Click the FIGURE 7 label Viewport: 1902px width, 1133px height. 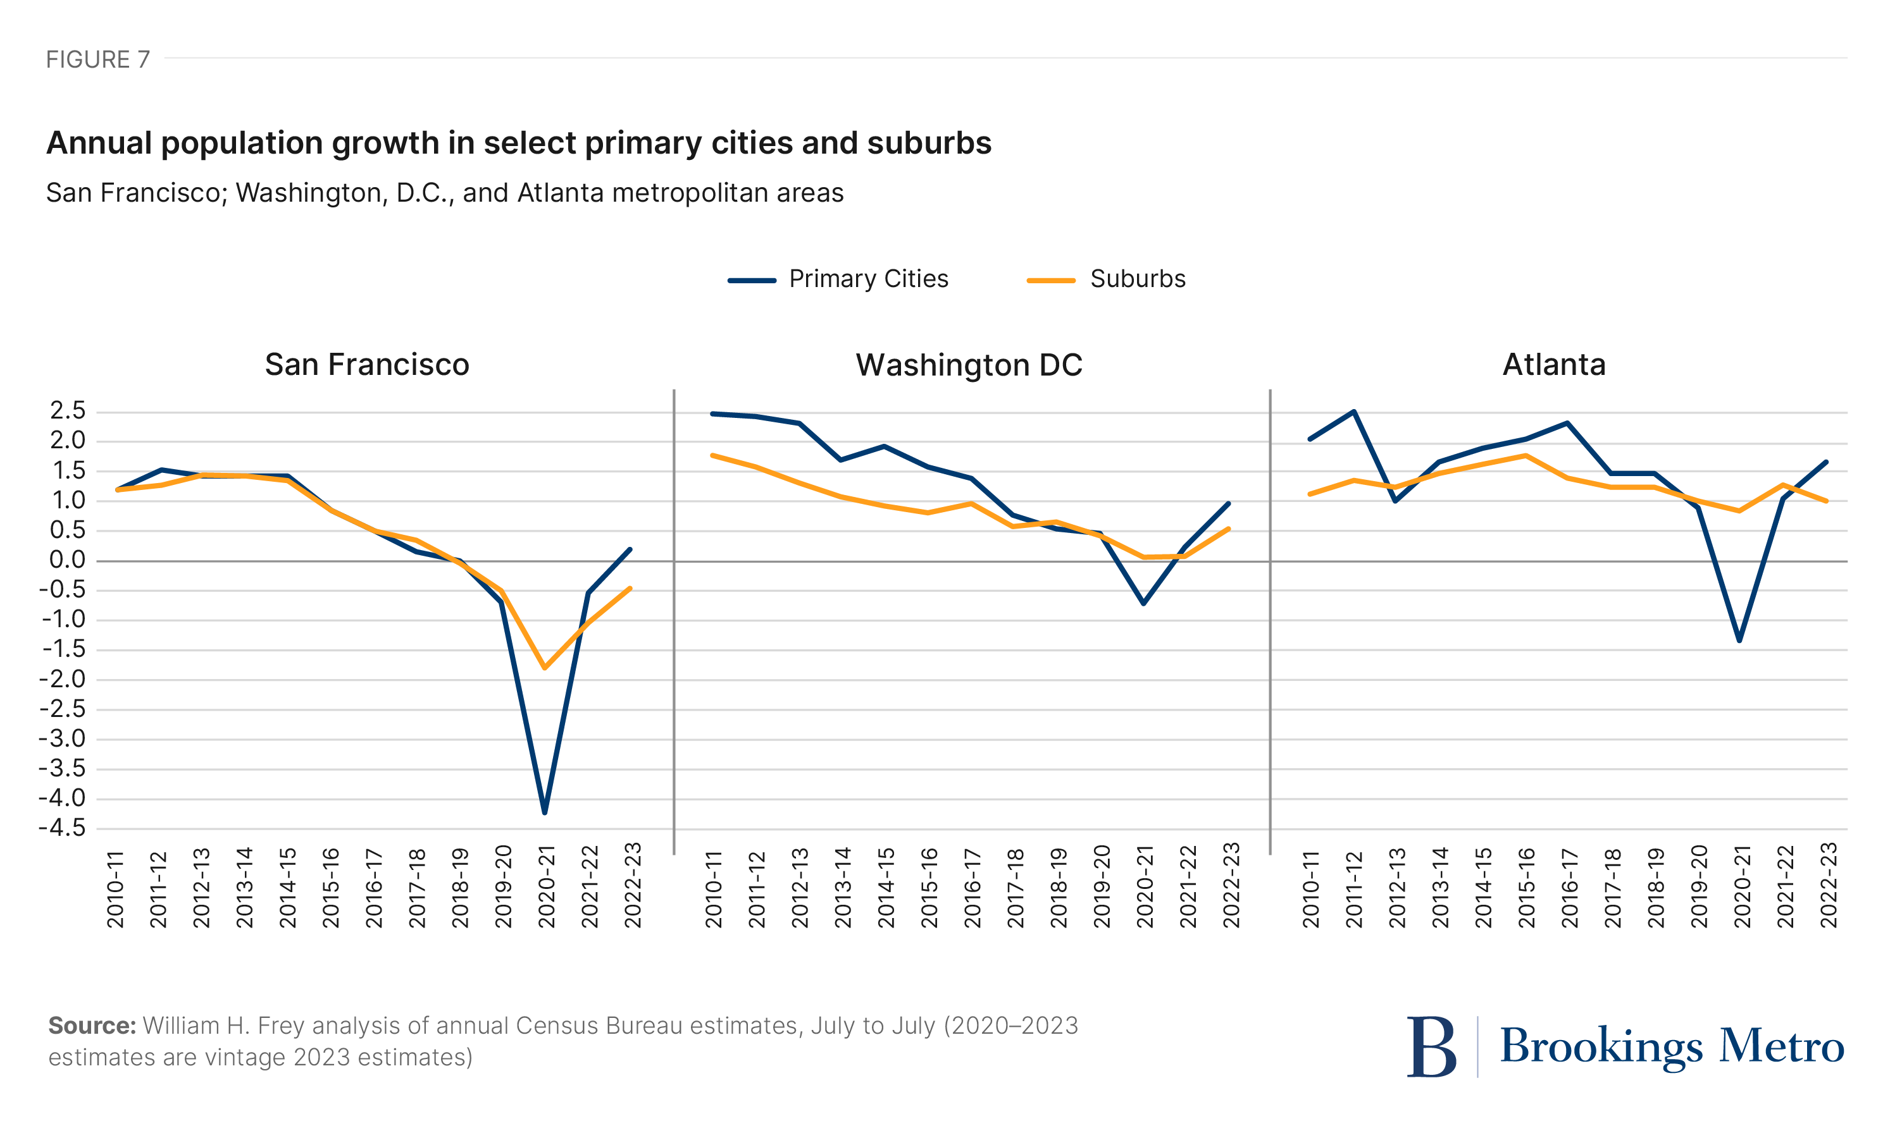pyautogui.click(x=98, y=59)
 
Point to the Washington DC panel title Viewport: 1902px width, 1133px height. pyautogui.click(x=969, y=365)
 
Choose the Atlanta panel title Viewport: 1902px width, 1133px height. pyautogui.click(x=1554, y=365)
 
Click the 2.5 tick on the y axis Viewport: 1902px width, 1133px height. pyautogui.click(x=67, y=411)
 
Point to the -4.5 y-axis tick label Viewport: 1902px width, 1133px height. pyautogui.click(x=63, y=828)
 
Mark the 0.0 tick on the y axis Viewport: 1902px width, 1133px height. pyautogui.click(x=67, y=560)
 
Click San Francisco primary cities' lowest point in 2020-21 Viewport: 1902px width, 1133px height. pyautogui.click(x=545, y=812)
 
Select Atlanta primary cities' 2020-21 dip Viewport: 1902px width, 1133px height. pyautogui.click(x=1739, y=640)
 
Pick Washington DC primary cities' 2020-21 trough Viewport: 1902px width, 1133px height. pyautogui.click(x=1143, y=603)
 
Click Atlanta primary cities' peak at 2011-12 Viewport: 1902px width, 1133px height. pyautogui.click(x=1353, y=412)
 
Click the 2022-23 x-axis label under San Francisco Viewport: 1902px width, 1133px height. pyautogui.click(x=633, y=886)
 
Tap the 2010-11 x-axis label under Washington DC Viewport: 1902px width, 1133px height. pyautogui.click(x=714, y=890)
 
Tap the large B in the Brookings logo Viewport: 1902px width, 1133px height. pyautogui.click(x=1431, y=1047)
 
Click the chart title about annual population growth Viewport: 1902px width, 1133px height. pyautogui.click(x=519, y=144)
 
